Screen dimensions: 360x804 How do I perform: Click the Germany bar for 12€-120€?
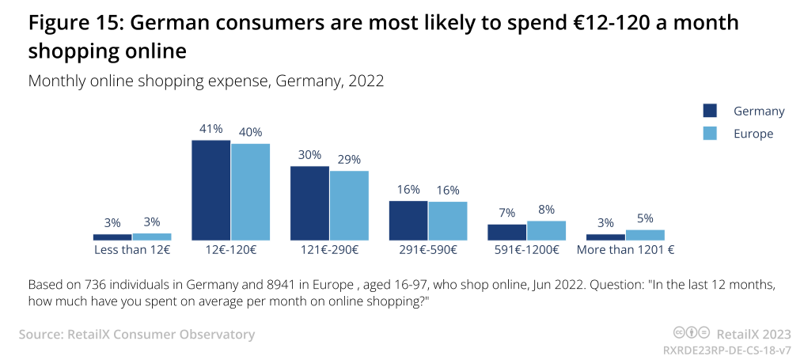pos(211,190)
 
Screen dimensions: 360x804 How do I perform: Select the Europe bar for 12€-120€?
pos(250,191)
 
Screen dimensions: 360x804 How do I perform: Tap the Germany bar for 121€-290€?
pos(309,203)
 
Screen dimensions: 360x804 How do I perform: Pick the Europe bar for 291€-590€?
pos(447,221)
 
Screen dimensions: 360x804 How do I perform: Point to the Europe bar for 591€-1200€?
pos(546,230)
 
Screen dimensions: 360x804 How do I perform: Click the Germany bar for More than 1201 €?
pos(605,237)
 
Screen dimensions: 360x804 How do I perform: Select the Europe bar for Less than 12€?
pos(152,237)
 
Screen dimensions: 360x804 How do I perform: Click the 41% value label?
pos(211,129)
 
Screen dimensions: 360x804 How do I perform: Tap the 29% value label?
pos(349,160)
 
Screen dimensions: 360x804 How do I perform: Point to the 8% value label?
pos(546,210)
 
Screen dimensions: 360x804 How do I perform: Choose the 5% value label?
pos(645,219)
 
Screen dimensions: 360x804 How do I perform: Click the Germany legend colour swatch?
pos(710,111)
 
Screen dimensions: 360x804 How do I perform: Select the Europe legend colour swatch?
pos(710,134)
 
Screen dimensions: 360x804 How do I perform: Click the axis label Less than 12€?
pos(132,250)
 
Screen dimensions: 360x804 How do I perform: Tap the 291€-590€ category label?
pos(428,250)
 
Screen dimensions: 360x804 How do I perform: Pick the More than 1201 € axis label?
pos(625,250)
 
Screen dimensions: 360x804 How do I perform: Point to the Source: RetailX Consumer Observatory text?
pos(137,335)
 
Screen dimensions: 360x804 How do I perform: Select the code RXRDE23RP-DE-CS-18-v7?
pos(728,348)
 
